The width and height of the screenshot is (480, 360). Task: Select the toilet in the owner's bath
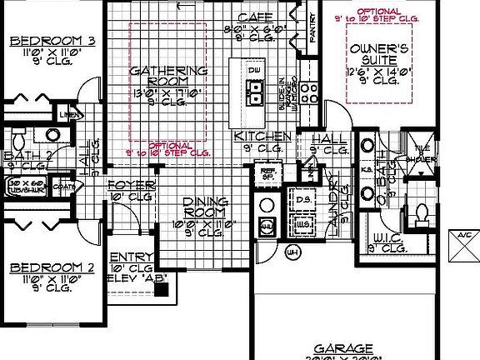[422, 212]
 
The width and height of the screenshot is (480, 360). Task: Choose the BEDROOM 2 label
[46, 268]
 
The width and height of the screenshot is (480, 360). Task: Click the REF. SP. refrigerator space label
[269, 174]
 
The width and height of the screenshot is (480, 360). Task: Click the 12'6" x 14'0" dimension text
[377, 72]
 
